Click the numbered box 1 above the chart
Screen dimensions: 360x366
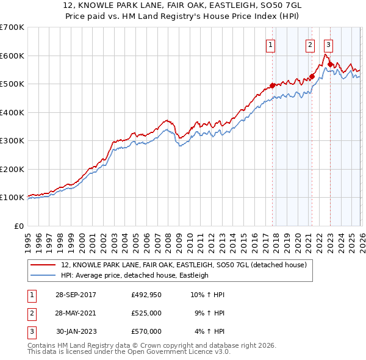[x=270, y=44]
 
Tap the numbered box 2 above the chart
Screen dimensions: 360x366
[x=310, y=44]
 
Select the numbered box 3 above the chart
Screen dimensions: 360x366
[x=328, y=44]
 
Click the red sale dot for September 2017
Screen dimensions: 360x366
[x=272, y=85]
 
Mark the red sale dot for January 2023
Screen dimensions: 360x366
[x=330, y=64]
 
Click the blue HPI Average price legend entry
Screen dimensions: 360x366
[x=134, y=275]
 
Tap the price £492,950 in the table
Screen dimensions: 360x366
[x=146, y=295]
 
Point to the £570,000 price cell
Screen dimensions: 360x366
[x=146, y=331]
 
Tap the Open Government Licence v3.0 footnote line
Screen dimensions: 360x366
[x=129, y=352]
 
